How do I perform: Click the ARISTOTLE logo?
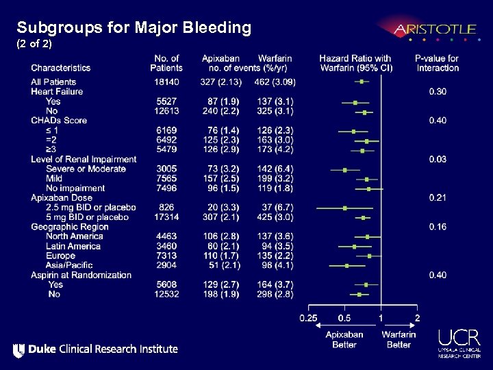[x=434, y=29]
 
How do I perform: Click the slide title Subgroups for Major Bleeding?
[x=134, y=28]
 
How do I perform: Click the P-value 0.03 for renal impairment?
[x=438, y=160]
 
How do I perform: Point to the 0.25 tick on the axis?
[x=308, y=318]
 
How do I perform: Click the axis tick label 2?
[x=418, y=318]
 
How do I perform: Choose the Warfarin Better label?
[x=399, y=339]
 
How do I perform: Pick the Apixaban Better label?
[x=344, y=339]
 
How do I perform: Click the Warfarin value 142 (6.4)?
[x=274, y=169]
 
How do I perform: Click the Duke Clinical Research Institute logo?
[x=95, y=349]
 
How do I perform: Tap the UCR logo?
[x=459, y=342]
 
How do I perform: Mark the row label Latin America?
[x=73, y=246]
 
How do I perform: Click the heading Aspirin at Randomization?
[x=81, y=275]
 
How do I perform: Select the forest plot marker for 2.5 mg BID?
[x=345, y=208]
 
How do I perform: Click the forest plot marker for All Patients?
[x=362, y=82]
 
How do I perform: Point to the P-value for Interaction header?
[x=437, y=63]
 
